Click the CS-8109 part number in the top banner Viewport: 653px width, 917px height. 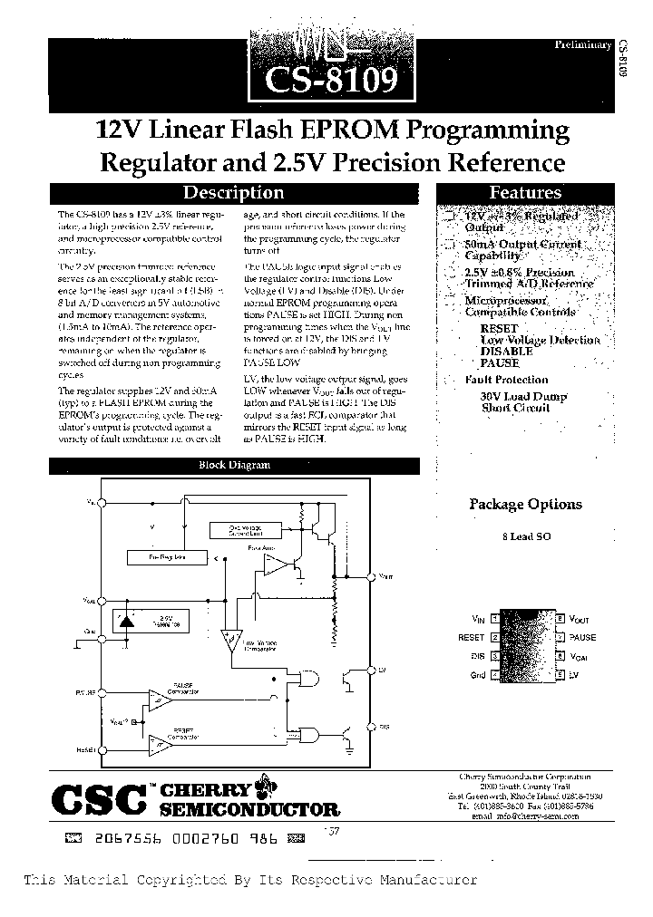click(332, 81)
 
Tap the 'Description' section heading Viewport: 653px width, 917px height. click(233, 193)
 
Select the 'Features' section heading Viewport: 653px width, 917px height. click(525, 193)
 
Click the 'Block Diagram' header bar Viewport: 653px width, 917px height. click(234, 466)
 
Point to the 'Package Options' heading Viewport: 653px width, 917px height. click(525, 505)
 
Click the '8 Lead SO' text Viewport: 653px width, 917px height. click(526, 536)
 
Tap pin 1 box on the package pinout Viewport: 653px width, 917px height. click(493, 619)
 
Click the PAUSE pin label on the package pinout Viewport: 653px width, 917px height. click(582, 637)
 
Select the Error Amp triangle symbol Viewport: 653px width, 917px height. click(273, 565)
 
